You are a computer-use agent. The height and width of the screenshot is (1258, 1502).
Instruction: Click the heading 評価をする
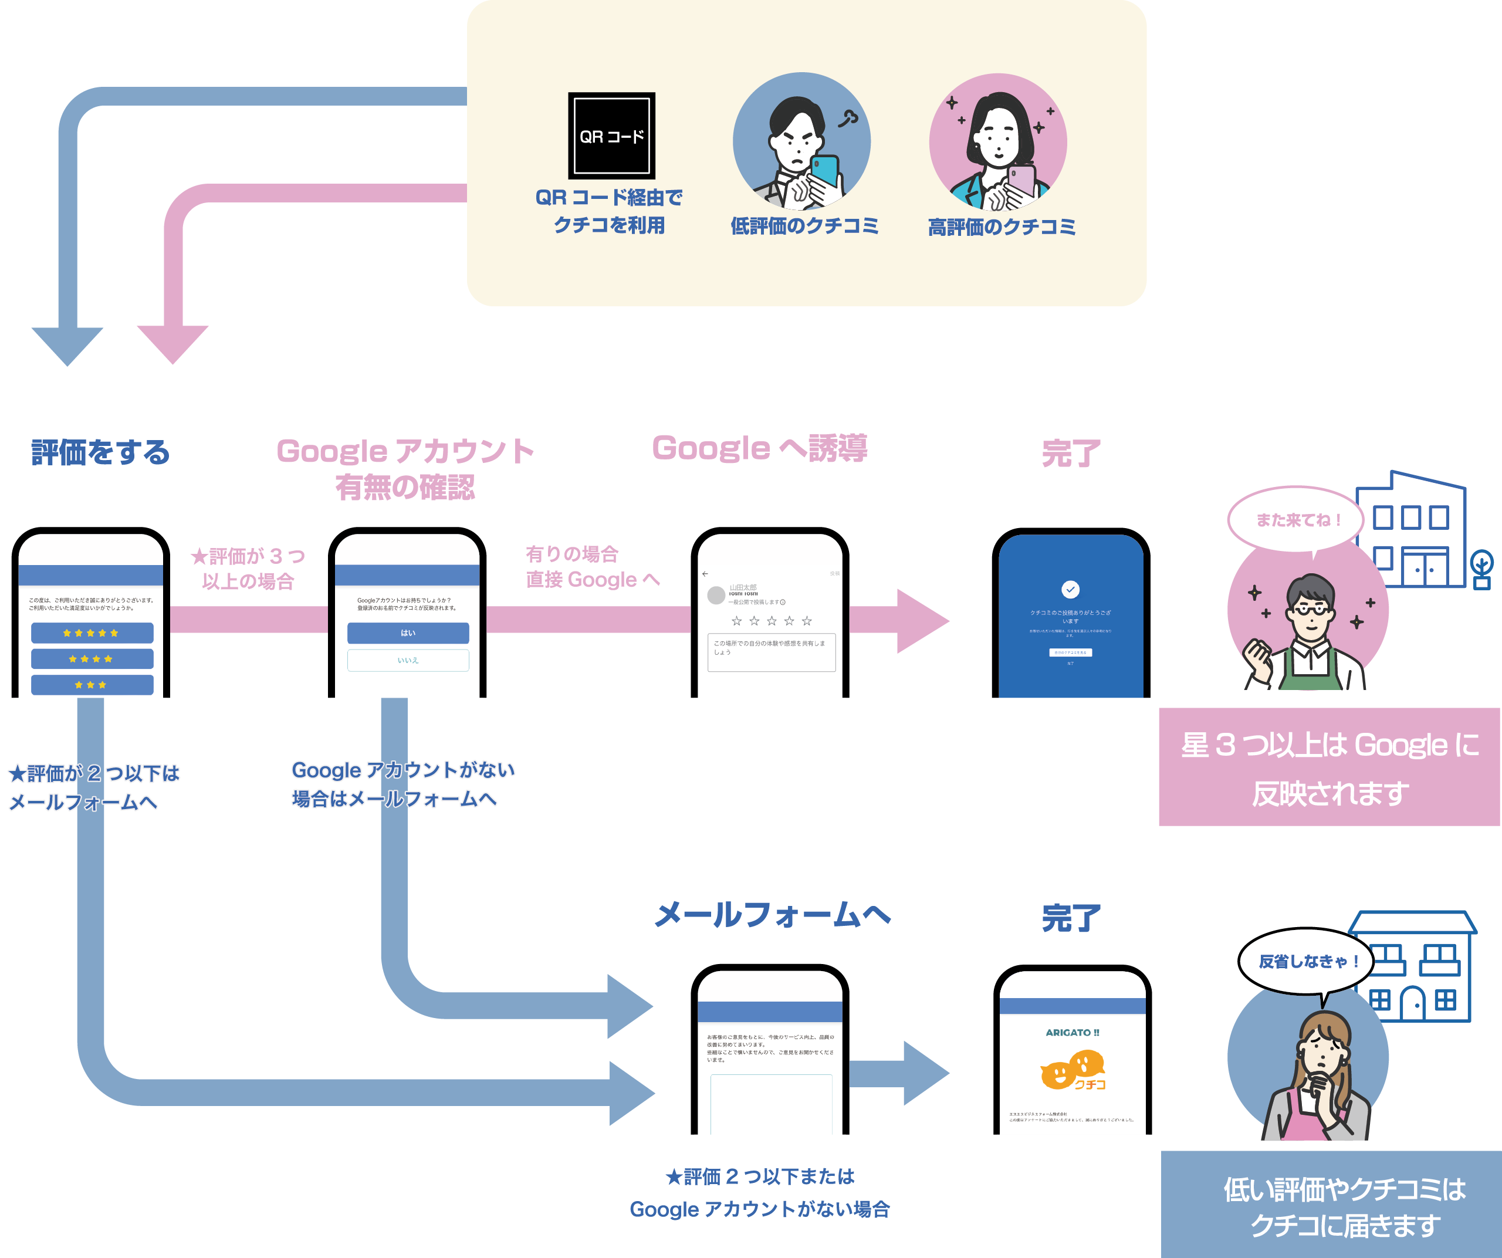pyautogui.click(x=100, y=453)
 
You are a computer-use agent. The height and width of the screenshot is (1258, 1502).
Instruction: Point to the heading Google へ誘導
pyautogui.click(x=760, y=449)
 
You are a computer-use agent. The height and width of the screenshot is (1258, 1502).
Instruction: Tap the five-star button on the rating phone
pyautogui.click(x=92, y=633)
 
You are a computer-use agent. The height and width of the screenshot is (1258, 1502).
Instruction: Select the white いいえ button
pyautogui.click(x=408, y=660)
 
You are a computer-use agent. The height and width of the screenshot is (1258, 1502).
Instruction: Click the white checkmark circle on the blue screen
pyautogui.click(x=1070, y=589)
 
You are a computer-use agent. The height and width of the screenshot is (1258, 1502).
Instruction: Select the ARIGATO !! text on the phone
pyautogui.click(x=1071, y=1032)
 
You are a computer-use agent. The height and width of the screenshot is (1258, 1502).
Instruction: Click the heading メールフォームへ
pyautogui.click(x=773, y=915)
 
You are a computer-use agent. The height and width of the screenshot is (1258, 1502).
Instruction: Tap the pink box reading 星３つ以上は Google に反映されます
pyautogui.click(x=1329, y=767)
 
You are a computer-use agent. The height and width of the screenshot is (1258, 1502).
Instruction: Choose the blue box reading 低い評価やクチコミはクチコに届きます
pyautogui.click(x=1330, y=1206)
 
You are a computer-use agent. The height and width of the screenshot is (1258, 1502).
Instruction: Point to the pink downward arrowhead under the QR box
pyautogui.click(x=172, y=343)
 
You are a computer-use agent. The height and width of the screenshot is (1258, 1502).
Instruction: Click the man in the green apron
pyautogui.click(x=1309, y=637)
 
